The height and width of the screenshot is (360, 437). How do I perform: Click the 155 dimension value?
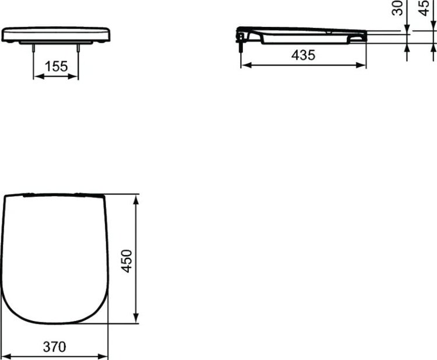[56, 66]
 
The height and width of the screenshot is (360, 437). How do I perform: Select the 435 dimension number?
[303, 56]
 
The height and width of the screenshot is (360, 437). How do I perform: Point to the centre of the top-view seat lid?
[56, 256]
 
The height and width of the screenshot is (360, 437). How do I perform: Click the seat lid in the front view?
[56, 34]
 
